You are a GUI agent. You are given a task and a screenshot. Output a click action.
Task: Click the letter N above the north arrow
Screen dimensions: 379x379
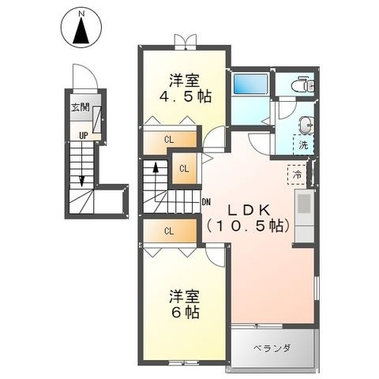(x=81, y=14)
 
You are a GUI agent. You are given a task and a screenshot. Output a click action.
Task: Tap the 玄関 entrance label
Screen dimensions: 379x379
(x=81, y=107)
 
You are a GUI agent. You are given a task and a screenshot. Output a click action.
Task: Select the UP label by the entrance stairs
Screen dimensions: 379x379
(x=84, y=136)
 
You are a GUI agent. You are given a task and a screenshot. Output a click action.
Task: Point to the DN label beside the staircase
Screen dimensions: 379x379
(x=206, y=202)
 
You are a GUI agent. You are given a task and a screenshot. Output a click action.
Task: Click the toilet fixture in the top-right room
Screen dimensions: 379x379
(x=302, y=84)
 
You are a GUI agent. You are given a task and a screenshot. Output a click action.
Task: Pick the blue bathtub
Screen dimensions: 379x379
(x=250, y=84)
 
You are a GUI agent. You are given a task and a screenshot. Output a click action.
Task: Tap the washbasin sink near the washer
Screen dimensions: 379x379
(x=306, y=125)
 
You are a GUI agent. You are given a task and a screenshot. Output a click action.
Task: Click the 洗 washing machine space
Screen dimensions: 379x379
(x=303, y=144)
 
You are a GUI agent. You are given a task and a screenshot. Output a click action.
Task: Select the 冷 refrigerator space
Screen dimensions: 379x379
(x=297, y=174)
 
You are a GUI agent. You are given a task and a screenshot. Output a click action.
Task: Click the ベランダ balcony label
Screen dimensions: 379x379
(x=272, y=348)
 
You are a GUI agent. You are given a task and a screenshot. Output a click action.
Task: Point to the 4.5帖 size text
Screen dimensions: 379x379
(x=186, y=96)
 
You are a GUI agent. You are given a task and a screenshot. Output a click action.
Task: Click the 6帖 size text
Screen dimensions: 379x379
(x=186, y=313)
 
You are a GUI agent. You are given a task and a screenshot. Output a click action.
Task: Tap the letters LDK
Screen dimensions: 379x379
(x=249, y=210)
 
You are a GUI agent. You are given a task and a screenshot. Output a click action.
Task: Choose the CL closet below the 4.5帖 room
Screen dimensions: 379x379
(x=169, y=140)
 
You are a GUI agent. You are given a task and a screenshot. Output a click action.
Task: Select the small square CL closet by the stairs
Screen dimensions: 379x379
(x=184, y=169)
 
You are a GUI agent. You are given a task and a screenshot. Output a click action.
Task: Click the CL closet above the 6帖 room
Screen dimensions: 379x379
(x=169, y=231)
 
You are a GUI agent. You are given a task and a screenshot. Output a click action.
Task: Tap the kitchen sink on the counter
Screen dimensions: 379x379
(x=305, y=204)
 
